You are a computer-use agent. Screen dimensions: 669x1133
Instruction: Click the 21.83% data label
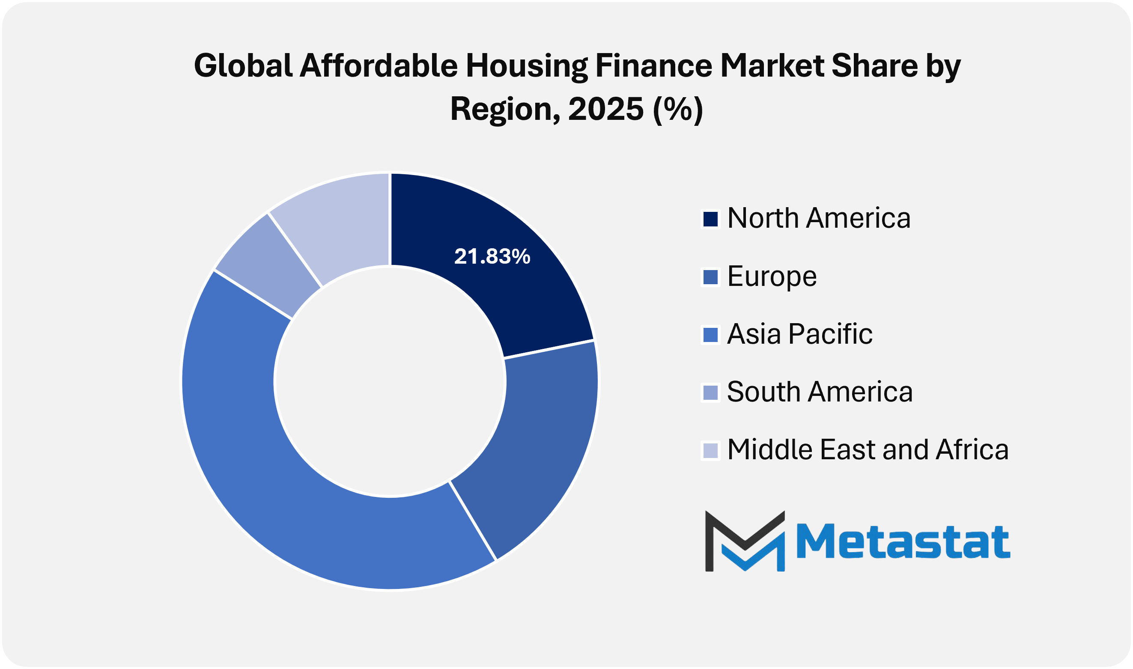tap(492, 256)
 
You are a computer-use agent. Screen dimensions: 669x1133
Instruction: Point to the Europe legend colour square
tap(710, 277)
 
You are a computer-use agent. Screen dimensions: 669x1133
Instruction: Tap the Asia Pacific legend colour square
tap(710, 336)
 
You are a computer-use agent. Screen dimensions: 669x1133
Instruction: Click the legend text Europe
tap(772, 277)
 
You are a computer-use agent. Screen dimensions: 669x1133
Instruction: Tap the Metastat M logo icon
tap(744, 541)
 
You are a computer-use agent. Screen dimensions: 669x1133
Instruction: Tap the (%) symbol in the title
tap(678, 109)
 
